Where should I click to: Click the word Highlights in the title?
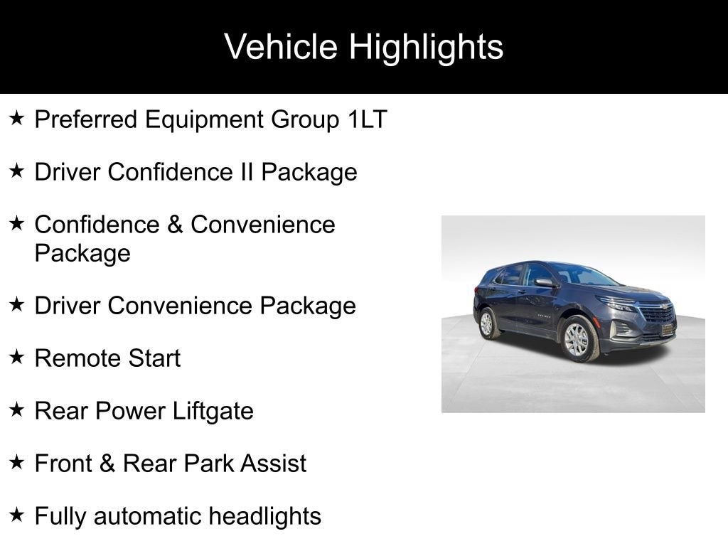coord(426,48)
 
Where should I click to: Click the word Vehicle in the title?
coord(281,47)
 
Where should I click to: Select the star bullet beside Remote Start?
coord(16,357)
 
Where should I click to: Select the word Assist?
coord(273,464)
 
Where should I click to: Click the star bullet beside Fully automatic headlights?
coord(16,515)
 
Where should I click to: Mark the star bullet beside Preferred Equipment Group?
coord(16,118)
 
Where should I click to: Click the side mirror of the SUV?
coord(545,283)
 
